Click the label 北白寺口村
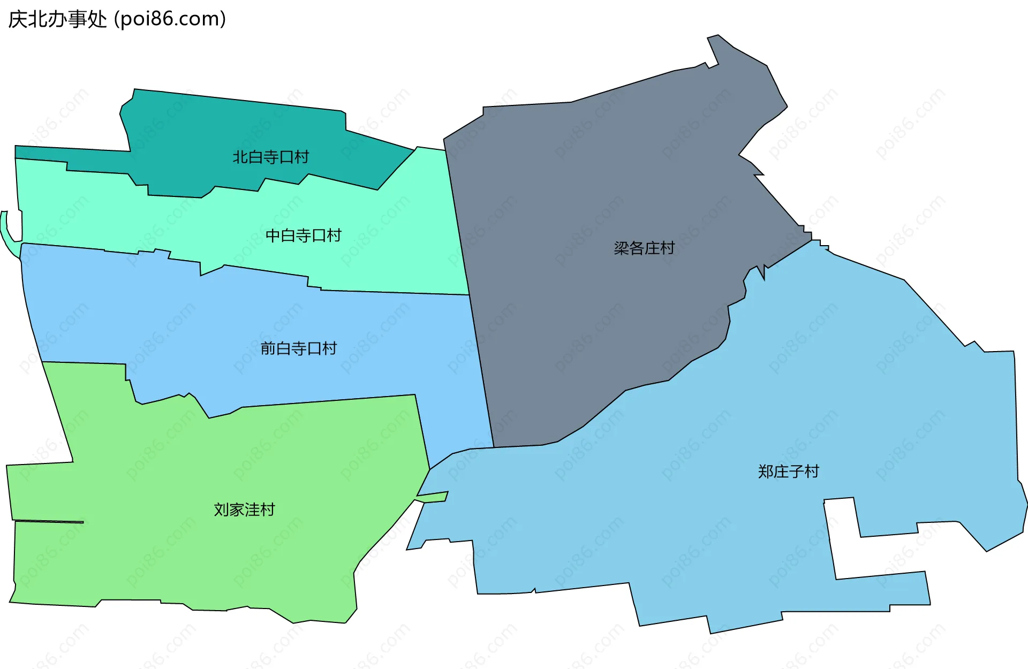pyautogui.click(x=270, y=157)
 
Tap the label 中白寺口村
pyautogui.click(x=303, y=235)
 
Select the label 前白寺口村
pyautogui.click(x=298, y=348)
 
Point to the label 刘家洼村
pyautogui.click(x=244, y=510)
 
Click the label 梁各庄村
pyautogui.click(x=644, y=248)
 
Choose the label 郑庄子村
pyautogui.click(x=788, y=472)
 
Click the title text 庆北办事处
pyautogui.click(x=57, y=19)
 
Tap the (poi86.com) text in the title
pyautogui.click(x=170, y=19)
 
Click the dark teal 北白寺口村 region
pyautogui.click(x=214, y=128)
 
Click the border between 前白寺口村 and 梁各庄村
pyautogui.click(x=482, y=375)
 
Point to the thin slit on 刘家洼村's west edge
pyautogui.click(x=48, y=521)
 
